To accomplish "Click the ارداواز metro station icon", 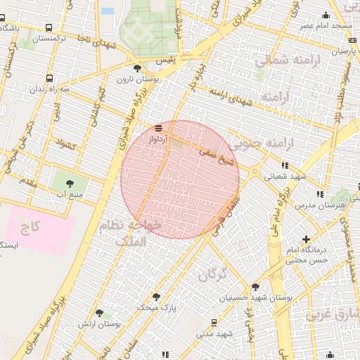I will pos(159,128).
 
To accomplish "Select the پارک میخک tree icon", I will pos(156,297).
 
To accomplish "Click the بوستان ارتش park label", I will pos(120,324).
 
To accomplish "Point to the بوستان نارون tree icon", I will pos(137,68).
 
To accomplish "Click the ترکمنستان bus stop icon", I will pos(48,27).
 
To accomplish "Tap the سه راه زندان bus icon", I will pos(49,79).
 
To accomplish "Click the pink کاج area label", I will pos(29,226).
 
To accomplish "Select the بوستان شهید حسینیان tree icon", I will pos(255,287).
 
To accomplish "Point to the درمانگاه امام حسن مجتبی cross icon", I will pos(305,239).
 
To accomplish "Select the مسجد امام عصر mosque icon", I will pos(326,15).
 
